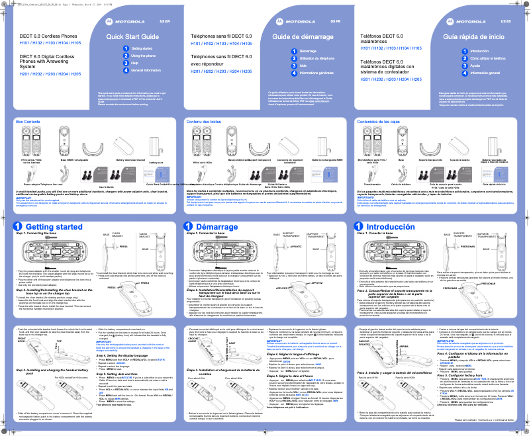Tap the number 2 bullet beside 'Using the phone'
[126, 56]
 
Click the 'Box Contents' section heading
[28, 122]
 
